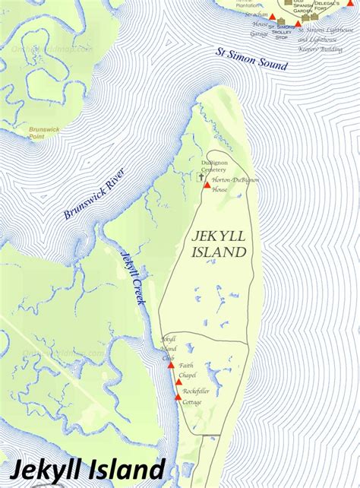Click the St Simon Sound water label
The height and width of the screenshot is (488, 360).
pyautogui.click(x=252, y=60)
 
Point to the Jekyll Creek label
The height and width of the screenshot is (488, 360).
pyautogui.click(x=131, y=277)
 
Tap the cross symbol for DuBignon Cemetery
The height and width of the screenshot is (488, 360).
pyautogui.click(x=201, y=177)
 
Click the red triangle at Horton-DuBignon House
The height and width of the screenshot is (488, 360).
pyautogui.click(x=207, y=185)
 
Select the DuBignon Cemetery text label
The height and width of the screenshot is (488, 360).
pyautogui.click(x=219, y=166)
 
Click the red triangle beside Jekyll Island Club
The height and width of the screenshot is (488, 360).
pyautogui.click(x=171, y=365)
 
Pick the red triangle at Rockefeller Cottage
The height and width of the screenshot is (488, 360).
pyautogui.click(x=178, y=397)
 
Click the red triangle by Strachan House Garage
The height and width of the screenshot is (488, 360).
pyautogui.click(x=273, y=17)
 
